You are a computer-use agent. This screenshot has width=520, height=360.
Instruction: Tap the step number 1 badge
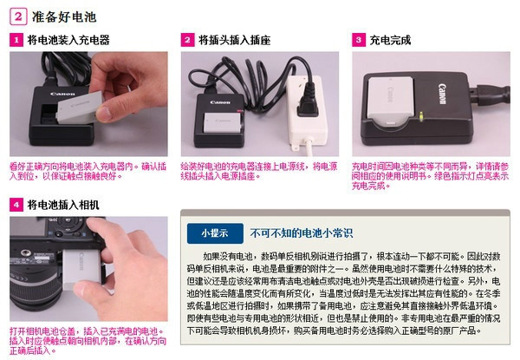click(16, 40)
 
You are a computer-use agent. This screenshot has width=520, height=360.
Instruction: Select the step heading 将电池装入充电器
click(68, 40)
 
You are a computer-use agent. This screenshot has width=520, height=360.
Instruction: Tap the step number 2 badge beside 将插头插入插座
click(187, 40)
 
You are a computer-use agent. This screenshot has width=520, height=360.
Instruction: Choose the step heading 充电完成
click(390, 40)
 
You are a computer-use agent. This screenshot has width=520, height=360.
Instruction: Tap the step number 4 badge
click(16, 205)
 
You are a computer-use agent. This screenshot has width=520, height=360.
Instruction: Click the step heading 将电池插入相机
click(68, 205)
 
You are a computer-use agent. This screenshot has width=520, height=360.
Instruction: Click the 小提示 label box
click(213, 232)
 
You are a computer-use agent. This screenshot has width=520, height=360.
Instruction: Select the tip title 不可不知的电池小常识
click(302, 232)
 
